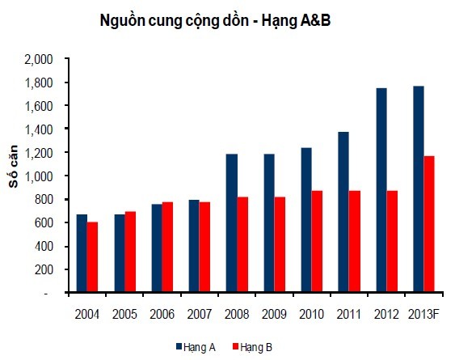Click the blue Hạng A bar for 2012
pyautogui.click(x=381, y=190)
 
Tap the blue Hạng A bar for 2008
pyautogui.click(x=231, y=223)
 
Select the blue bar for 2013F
pyautogui.click(x=418, y=189)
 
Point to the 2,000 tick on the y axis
pyautogui.click(x=39, y=59)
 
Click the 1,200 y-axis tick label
pyautogui.click(x=39, y=153)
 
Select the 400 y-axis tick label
pyautogui.click(x=44, y=246)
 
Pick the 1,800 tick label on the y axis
pyautogui.click(x=39, y=83)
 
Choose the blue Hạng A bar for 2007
pyautogui.click(x=194, y=246)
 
